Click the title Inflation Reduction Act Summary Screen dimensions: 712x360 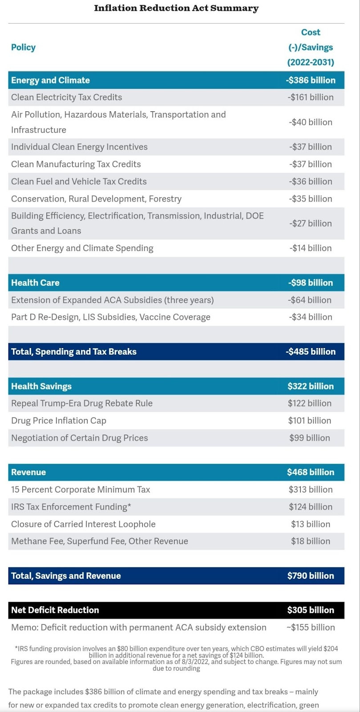point(176,8)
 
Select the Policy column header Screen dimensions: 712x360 point(23,47)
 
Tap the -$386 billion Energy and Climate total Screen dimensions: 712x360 point(310,80)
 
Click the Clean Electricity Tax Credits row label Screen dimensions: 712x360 point(66,97)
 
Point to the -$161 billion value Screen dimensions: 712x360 point(310,97)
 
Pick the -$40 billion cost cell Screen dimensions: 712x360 point(310,122)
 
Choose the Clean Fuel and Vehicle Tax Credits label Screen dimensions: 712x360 point(79,181)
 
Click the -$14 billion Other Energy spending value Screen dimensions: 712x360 point(310,248)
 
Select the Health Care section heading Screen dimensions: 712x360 point(35,283)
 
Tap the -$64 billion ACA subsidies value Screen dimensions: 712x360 point(310,300)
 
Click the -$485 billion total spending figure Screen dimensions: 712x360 point(310,352)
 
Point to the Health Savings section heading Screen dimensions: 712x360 point(41,386)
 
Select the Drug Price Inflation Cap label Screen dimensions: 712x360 point(59,421)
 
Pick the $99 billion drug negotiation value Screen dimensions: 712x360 point(310,438)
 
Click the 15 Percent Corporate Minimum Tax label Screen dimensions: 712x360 point(81,489)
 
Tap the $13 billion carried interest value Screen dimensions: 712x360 point(310,524)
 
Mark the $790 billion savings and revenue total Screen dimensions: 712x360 point(310,576)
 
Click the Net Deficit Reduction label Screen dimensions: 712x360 point(55,610)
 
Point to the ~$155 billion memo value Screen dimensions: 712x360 point(310,627)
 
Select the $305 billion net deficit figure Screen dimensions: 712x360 point(310,610)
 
